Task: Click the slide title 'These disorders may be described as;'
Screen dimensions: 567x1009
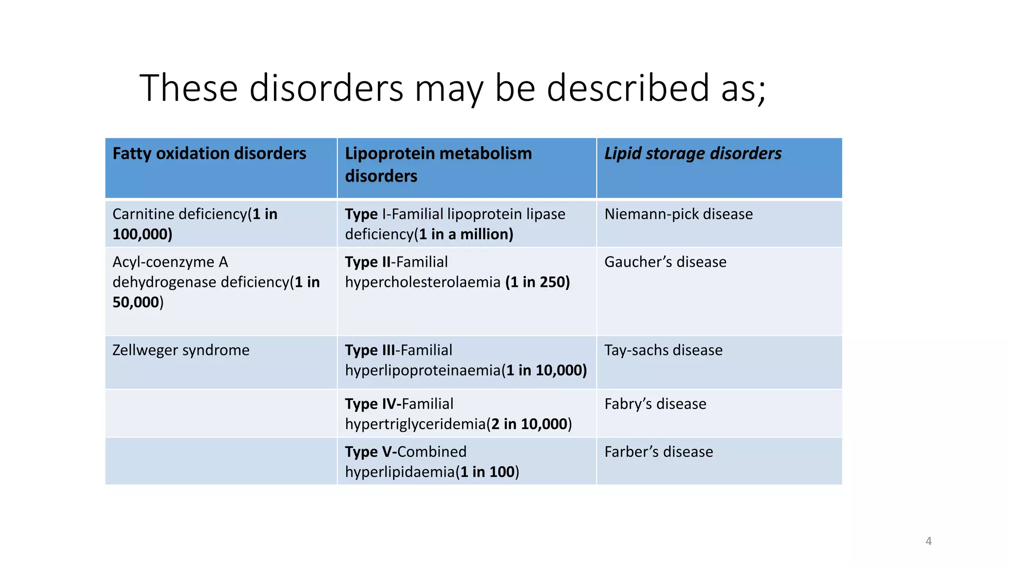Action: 452,88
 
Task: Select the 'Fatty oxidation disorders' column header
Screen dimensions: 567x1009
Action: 209,154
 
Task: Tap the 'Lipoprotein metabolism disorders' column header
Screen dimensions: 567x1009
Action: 438,164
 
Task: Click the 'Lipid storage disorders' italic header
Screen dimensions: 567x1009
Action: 693,154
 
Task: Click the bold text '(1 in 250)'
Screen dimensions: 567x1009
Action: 538,282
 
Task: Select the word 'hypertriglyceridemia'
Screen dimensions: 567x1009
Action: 415,424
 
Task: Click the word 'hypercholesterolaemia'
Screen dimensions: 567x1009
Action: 423,282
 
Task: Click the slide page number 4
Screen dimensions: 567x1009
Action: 928,541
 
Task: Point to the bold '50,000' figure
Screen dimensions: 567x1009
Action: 136,302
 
